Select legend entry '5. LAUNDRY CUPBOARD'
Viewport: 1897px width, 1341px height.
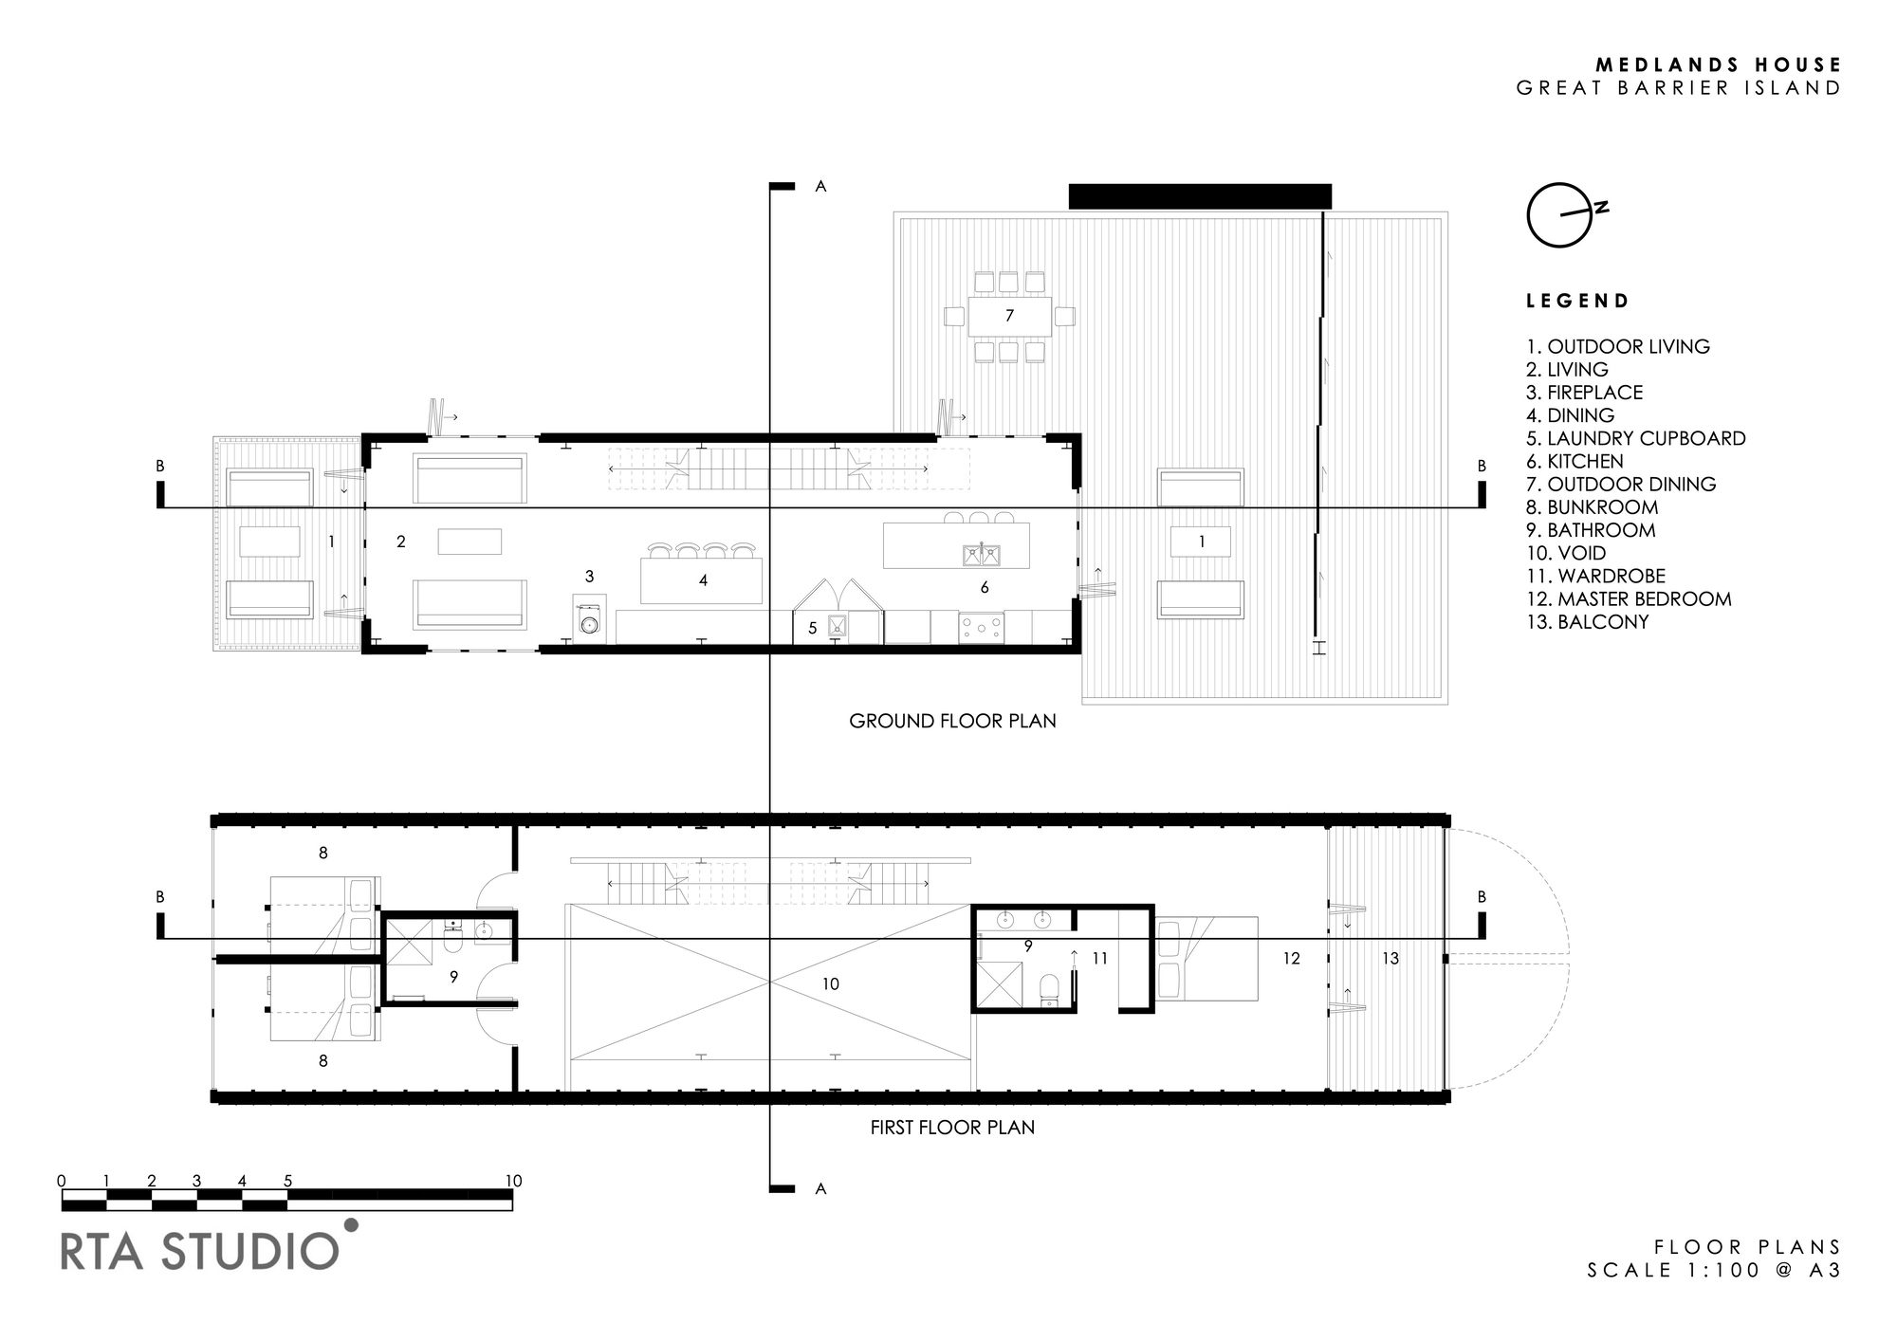tap(1636, 438)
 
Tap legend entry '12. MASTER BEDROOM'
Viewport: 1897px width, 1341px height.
tap(1629, 599)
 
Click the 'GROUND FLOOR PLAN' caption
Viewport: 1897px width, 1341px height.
tap(952, 721)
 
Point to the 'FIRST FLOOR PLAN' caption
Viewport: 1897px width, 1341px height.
tap(952, 1128)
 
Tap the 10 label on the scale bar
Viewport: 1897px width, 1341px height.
tap(513, 1181)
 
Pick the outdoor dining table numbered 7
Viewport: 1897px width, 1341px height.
tap(1009, 316)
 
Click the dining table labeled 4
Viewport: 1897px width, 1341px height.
tap(702, 580)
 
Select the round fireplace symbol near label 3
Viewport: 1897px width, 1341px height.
tap(590, 625)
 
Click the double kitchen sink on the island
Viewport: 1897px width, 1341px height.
tap(980, 554)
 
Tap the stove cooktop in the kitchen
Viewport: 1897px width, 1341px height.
tap(982, 628)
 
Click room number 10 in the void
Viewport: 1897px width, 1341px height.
tap(831, 984)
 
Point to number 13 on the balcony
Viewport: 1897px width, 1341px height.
tap(1391, 959)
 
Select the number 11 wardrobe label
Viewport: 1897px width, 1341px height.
tap(1099, 959)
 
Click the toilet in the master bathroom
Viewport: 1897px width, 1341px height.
tap(1049, 988)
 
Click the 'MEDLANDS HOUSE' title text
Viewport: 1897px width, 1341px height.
tap(1718, 64)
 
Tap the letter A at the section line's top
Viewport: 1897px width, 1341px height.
tap(821, 187)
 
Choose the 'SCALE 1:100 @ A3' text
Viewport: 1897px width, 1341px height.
tap(1715, 1270)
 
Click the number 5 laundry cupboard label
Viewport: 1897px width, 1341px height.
tap(812, 628)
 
